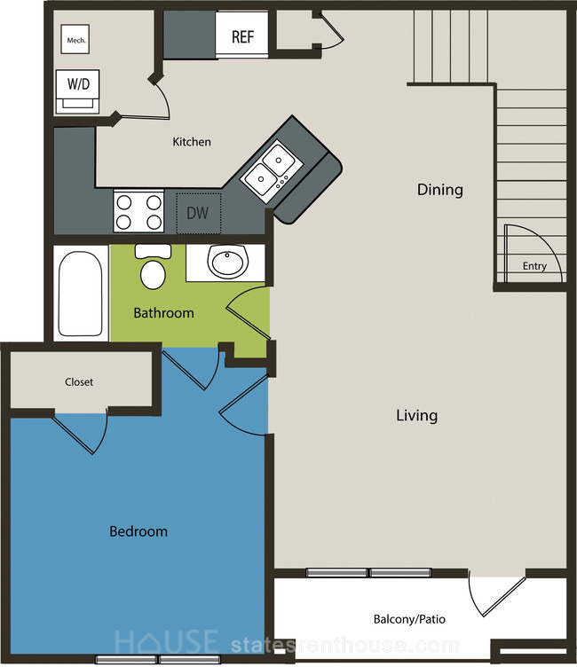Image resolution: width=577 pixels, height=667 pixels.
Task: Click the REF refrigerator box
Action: (x=241, y=34)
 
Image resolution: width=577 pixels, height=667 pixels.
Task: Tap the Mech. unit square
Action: (x=75, y=39)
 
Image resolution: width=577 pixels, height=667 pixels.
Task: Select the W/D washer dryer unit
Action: (x=78, y=91)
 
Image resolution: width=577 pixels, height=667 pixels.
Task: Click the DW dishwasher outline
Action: (x=199, y=213)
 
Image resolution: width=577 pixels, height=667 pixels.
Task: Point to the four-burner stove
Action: (x=138, y=211)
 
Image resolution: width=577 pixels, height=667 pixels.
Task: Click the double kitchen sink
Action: (x=272, y=171)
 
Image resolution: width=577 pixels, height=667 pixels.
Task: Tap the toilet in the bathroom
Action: (x=153, y=266)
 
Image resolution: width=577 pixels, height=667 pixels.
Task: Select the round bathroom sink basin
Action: (x=228, y=261)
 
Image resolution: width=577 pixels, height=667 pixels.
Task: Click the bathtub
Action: (x=81, y=294)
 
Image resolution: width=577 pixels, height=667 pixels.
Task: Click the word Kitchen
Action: (x=192, y=142)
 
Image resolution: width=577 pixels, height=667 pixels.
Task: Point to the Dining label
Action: (x=440, y=190)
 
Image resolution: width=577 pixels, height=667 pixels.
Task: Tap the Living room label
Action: (x=417, y=415)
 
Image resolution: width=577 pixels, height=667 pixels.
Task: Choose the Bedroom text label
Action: (x=138, y=531)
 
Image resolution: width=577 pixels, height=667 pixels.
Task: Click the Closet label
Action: (x=79, y=382)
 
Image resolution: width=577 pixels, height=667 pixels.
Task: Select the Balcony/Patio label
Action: (x=409, y=619)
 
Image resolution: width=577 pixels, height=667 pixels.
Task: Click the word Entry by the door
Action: (x=534, y=266)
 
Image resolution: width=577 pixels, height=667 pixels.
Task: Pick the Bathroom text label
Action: (x=164, y=313)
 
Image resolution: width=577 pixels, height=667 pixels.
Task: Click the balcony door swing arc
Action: (x=472, y=595)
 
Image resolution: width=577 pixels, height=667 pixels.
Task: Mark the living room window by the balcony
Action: (x=368, y=573)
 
